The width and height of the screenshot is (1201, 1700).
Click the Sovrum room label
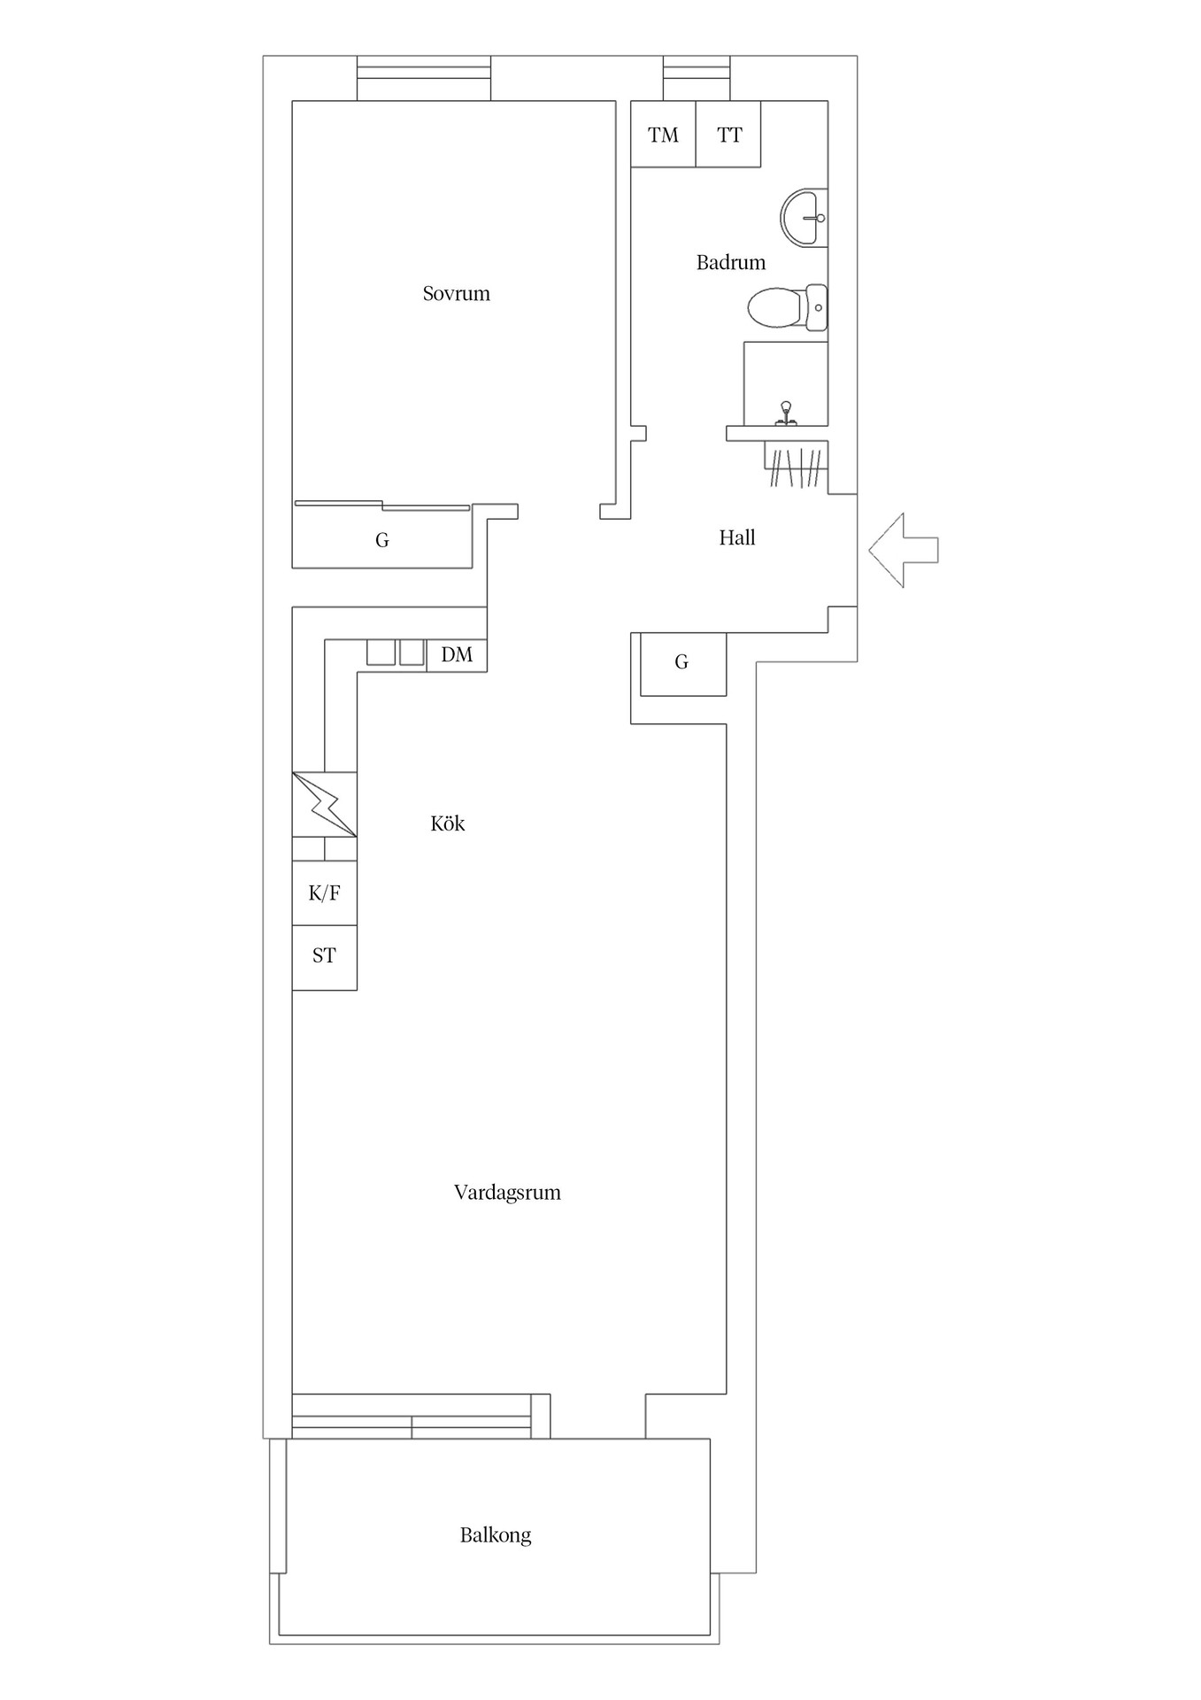(456, 293)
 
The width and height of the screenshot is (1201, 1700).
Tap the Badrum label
(730, 262)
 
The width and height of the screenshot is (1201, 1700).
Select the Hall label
(736, 537)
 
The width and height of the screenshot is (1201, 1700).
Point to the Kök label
(447, 823)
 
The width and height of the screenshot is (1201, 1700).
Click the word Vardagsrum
(507, 1192)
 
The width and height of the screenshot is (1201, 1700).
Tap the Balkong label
(495, 1534)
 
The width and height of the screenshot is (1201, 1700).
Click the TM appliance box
(663, 135)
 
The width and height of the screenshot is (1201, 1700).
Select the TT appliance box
(729, 135)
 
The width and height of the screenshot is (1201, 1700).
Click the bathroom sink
(805, 217)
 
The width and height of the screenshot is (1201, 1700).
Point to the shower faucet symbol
(784, 413)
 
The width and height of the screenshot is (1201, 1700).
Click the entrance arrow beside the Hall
(903, 550)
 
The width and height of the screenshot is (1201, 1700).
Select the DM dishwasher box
(457, 654)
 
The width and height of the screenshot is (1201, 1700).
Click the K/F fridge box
(324, 892)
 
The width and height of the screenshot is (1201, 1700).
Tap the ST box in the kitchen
(324, 956)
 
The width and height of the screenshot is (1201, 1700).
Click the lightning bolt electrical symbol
(325, 804)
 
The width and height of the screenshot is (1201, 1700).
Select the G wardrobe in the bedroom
(381, 539)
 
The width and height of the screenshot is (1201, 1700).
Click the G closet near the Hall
(681, 662)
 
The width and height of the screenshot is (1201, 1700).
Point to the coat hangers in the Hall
(796, 467)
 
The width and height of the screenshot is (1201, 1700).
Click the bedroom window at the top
(424, 79)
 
